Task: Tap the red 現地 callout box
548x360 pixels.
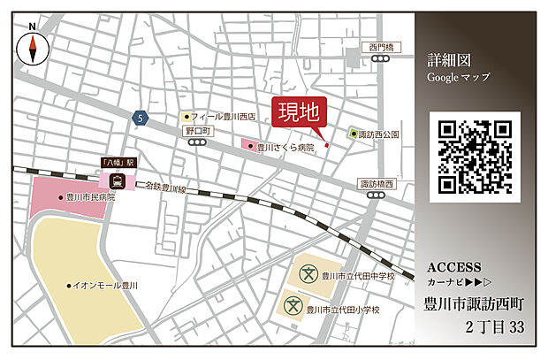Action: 298,113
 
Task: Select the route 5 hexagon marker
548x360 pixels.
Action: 139,117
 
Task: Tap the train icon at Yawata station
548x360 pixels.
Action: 116,180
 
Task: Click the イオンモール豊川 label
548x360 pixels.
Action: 107,286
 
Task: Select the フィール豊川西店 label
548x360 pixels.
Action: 223,116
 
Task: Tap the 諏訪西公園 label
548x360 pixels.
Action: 380,134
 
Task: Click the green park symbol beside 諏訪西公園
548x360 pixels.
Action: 354,134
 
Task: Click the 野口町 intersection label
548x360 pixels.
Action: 197,131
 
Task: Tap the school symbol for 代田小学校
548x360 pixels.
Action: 293,307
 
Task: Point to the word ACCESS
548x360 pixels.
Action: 453,267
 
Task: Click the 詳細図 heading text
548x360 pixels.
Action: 449,60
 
